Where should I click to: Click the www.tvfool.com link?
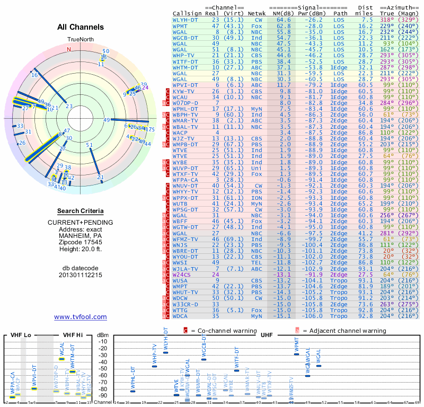point(81,317)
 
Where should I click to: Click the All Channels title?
point(81,27)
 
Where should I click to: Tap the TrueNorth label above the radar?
point(80,40)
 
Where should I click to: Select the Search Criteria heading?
point(81,210)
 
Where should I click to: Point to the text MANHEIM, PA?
point(81,235)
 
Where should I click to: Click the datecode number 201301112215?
point(81,275)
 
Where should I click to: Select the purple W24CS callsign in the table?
point(182,275)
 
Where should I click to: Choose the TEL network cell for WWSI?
point(257,262)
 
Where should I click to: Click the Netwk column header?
point(257,12)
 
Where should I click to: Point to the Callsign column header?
point(188,12)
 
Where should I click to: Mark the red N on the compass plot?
point(68,49)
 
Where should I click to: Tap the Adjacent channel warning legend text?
point(345,331)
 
